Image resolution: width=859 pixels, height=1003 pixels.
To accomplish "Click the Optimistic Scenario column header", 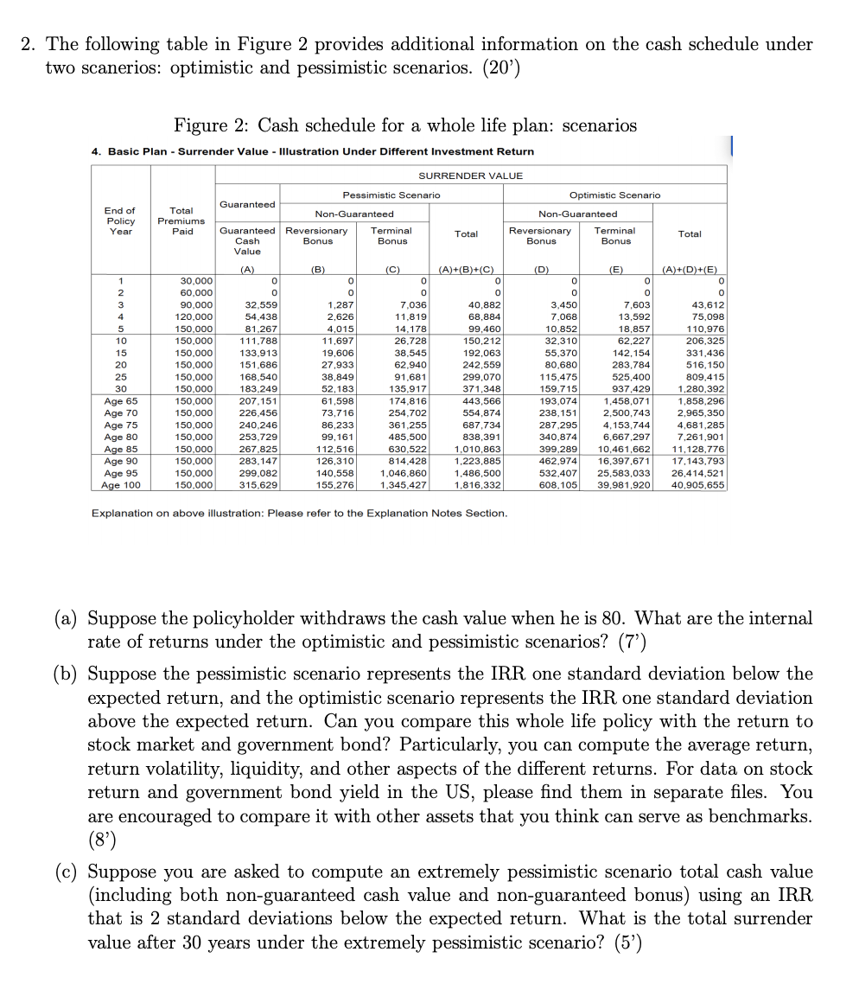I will [614, 195].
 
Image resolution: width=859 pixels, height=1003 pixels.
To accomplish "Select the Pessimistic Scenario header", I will [391, 195].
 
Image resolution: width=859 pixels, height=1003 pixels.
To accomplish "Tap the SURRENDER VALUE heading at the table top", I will [470, 176].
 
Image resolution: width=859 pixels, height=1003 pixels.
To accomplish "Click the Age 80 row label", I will [120, 438].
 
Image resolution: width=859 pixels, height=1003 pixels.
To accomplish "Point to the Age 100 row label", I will [120, 485].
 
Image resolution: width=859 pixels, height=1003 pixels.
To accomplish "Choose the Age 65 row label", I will [120, 401].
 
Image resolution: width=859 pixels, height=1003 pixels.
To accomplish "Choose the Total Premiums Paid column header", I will [181, 220].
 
